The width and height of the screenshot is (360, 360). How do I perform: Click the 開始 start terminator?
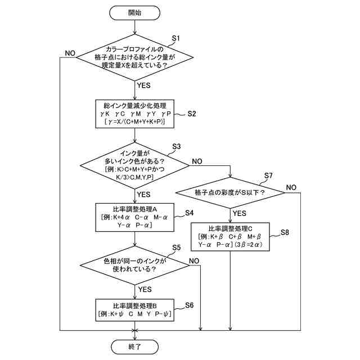(135, 12)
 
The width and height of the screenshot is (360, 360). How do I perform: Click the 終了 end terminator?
(135, 346)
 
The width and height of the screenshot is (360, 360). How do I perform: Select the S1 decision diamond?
(135, 58)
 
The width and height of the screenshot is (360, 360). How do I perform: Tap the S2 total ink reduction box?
(135, 115)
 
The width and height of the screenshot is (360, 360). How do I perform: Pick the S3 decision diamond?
(135, 165)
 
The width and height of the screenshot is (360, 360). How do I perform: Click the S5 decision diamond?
(135, 265)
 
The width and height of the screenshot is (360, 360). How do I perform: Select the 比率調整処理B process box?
(135, 309)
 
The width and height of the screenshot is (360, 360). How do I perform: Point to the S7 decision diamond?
(231, 192)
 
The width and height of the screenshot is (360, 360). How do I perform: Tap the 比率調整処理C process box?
(231, 237)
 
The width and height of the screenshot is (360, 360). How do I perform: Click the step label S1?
(174, 38)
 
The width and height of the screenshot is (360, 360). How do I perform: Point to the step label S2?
(191, 114)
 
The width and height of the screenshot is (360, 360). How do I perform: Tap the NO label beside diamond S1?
(70, 53)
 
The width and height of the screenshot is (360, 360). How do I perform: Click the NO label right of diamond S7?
(291, 187)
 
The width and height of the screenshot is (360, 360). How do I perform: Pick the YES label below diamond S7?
(240, 213)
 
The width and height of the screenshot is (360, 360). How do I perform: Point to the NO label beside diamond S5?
(194, 260)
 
